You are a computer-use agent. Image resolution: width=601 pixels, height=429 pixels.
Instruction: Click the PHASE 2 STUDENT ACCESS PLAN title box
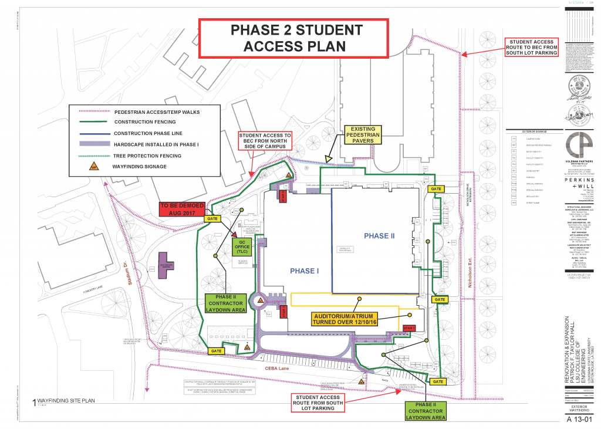[293, 38]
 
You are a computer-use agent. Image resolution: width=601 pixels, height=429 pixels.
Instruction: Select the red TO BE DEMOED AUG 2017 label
[182, 209]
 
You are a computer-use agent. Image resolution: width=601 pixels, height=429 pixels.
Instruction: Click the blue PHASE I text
[304, 271]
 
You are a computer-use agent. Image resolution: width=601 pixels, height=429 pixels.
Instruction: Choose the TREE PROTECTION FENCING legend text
[148, 156]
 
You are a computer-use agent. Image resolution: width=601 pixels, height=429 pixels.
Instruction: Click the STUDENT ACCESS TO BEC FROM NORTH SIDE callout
[265, 144]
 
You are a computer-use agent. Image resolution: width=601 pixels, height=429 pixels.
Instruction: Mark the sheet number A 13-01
[577, 420]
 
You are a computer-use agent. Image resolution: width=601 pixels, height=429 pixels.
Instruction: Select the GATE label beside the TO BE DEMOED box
[211, 218]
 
